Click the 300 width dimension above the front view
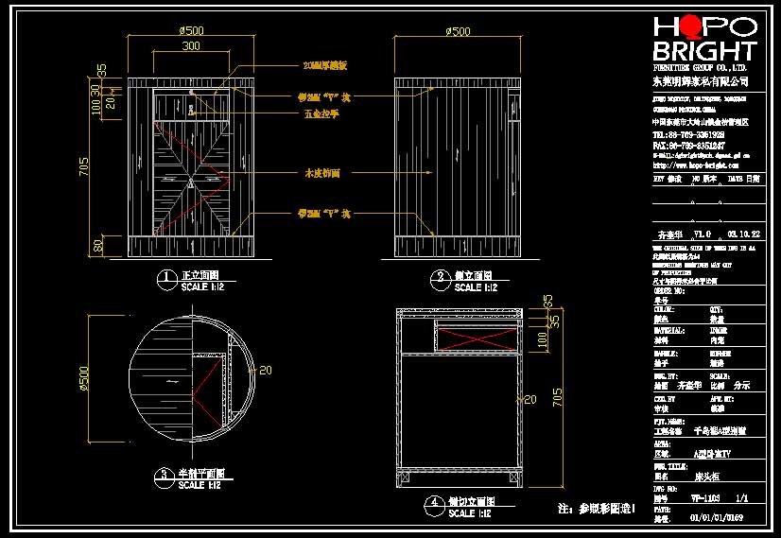point(191,45)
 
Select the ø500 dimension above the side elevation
point(457,31)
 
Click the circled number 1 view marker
point(166,278)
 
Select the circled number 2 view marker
point(441,278)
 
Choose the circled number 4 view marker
point(434,503)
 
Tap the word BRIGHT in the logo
point(704,52)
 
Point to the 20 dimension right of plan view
point(265,370)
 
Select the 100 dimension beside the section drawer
point(541,338)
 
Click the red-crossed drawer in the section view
point(477,336)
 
